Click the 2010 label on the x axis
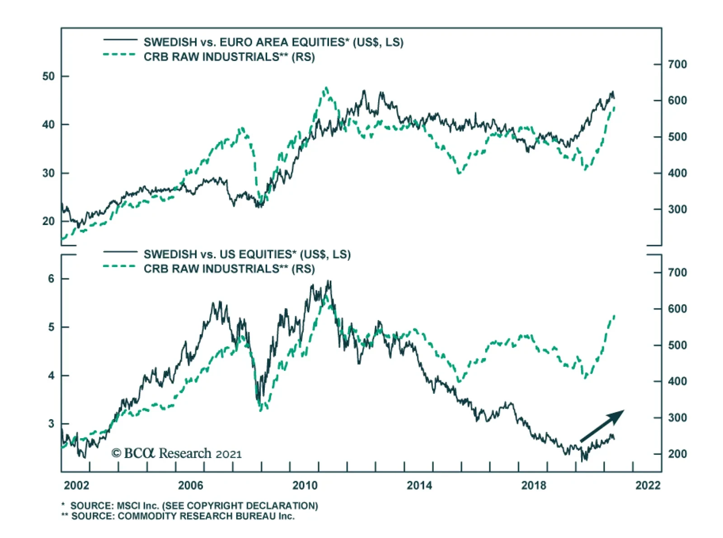point(305,486)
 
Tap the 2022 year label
point(648,486)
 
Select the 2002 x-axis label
point(76,486)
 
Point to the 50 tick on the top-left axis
point(48,76)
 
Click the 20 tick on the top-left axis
point(48,221)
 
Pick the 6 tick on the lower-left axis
point(51,279)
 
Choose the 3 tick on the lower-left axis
point(51,424)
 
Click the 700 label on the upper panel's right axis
point(677,64)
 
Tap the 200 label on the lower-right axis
point(677,454)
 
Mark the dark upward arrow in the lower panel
point(602,426)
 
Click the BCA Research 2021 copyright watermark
point(177,453)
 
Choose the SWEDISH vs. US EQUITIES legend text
point(247,254)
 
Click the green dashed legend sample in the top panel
point(120,55)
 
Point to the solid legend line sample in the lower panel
point(120,252)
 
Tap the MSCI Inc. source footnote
point(190,505)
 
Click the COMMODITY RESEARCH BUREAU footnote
point(178,516)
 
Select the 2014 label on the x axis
point(419,486)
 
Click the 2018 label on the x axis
point(534,486)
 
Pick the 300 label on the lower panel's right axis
point(677,418)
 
